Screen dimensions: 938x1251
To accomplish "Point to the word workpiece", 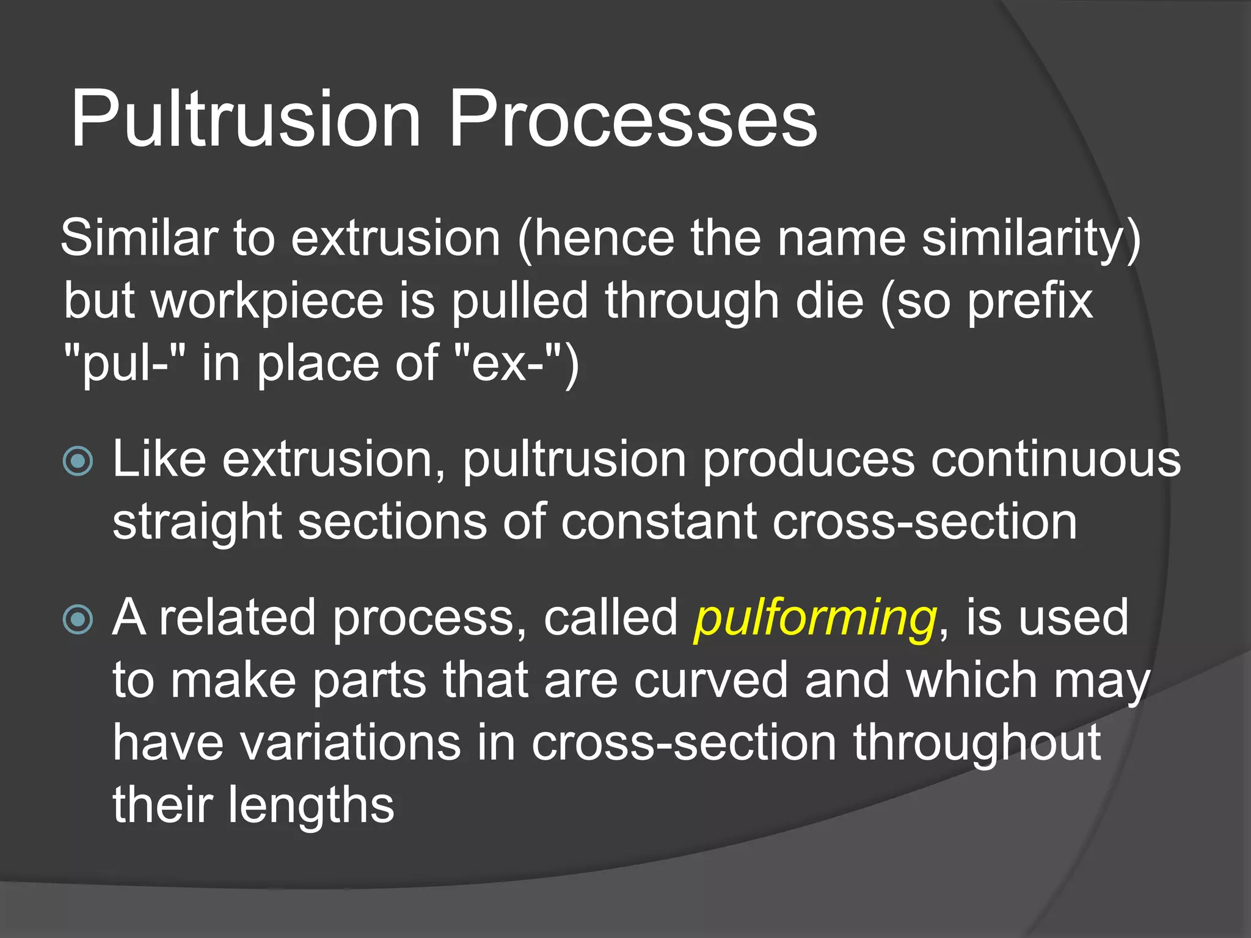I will (x=267, y=302).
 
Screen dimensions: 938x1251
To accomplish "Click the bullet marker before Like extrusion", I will (x=78, y=461).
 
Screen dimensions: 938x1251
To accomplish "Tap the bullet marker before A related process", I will (x=78, y=620).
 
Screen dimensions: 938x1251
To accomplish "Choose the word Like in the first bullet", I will (x=159, y=459).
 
